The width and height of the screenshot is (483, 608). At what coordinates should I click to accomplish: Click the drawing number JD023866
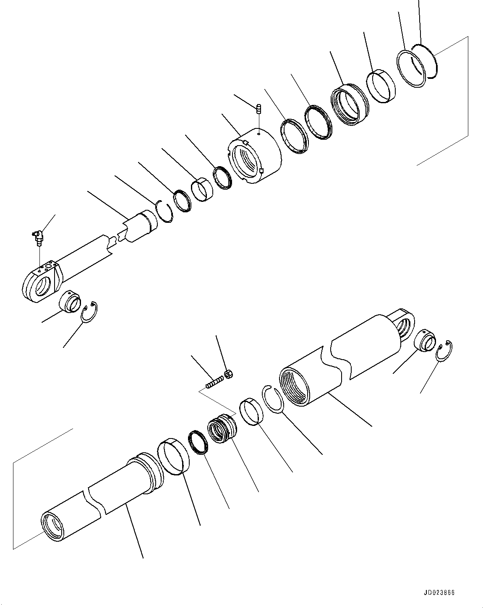pos(439,593)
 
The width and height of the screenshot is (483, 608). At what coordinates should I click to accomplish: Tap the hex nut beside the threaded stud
pos(229,373)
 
